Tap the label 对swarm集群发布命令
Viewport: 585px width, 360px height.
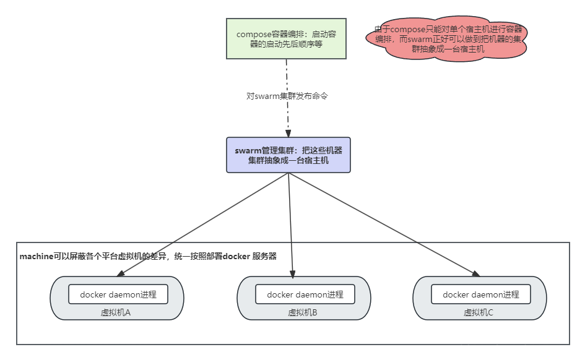coord(287,96)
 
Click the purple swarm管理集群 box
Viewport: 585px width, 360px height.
coord(288,155)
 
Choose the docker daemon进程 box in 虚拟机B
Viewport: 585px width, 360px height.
coord(305,294)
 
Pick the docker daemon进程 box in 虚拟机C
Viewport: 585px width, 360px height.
coord(481,294)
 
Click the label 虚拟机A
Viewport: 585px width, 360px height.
coord(116,312)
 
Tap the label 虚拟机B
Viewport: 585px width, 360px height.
coord(303,312)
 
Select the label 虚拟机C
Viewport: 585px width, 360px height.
coord(479,312)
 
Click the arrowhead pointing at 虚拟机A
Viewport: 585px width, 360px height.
coord(121,273)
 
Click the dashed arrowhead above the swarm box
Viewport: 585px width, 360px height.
coord(287,132)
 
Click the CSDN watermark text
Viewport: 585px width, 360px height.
coord(473,349)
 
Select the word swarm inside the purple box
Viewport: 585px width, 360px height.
coord(247,150)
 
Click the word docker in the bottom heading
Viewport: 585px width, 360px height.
coord(236,256)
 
